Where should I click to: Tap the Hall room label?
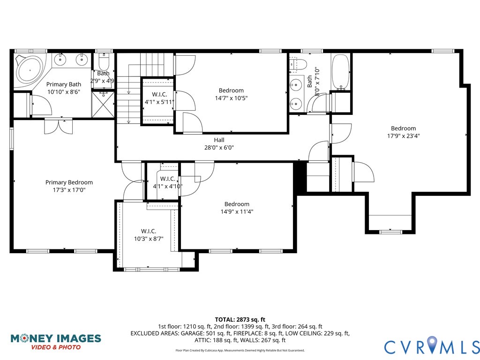(x=219, y=140)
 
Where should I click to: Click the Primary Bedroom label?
(x=69, y=182)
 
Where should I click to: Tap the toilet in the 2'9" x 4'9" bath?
(x=104, y=61)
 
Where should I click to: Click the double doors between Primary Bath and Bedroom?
(x=59, y=126)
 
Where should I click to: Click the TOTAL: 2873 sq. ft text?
(x=240, y=319)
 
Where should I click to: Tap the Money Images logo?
(x=55, y=341)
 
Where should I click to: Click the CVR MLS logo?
(x=431, y=346)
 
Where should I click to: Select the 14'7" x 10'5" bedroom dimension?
(x=231, y=98)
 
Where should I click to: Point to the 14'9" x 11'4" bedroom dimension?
(x=237, y=211)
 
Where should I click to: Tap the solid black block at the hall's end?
(x=300, y=177)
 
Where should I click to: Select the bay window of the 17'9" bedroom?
(x=390, y=231)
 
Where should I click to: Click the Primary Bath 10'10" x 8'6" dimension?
(x=64, y=92)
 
